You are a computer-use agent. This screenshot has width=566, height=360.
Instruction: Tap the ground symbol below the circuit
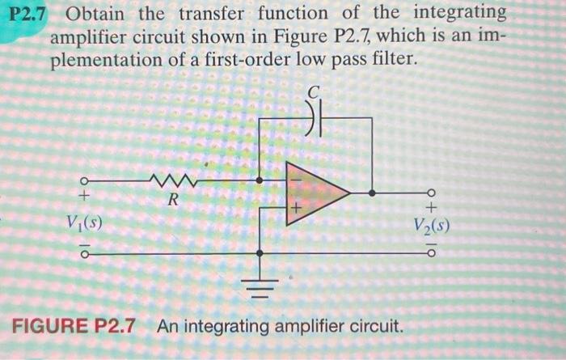click(259, 283)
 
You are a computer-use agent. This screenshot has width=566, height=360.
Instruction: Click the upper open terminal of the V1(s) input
click(82, 180)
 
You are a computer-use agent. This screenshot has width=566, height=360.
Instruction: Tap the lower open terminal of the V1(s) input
click(82, 253)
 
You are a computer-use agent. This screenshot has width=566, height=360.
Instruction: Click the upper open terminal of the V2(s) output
click(431, 193)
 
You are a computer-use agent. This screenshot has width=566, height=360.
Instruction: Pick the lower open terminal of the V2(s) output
click(431, 253)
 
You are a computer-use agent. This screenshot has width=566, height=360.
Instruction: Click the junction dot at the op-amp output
click(372, 193)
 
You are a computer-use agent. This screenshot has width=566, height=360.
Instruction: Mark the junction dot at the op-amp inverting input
click(259, 180)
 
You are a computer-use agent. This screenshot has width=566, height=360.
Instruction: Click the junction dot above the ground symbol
click(259, 253)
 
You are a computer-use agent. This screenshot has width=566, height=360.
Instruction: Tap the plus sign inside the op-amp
click(296, 208)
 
